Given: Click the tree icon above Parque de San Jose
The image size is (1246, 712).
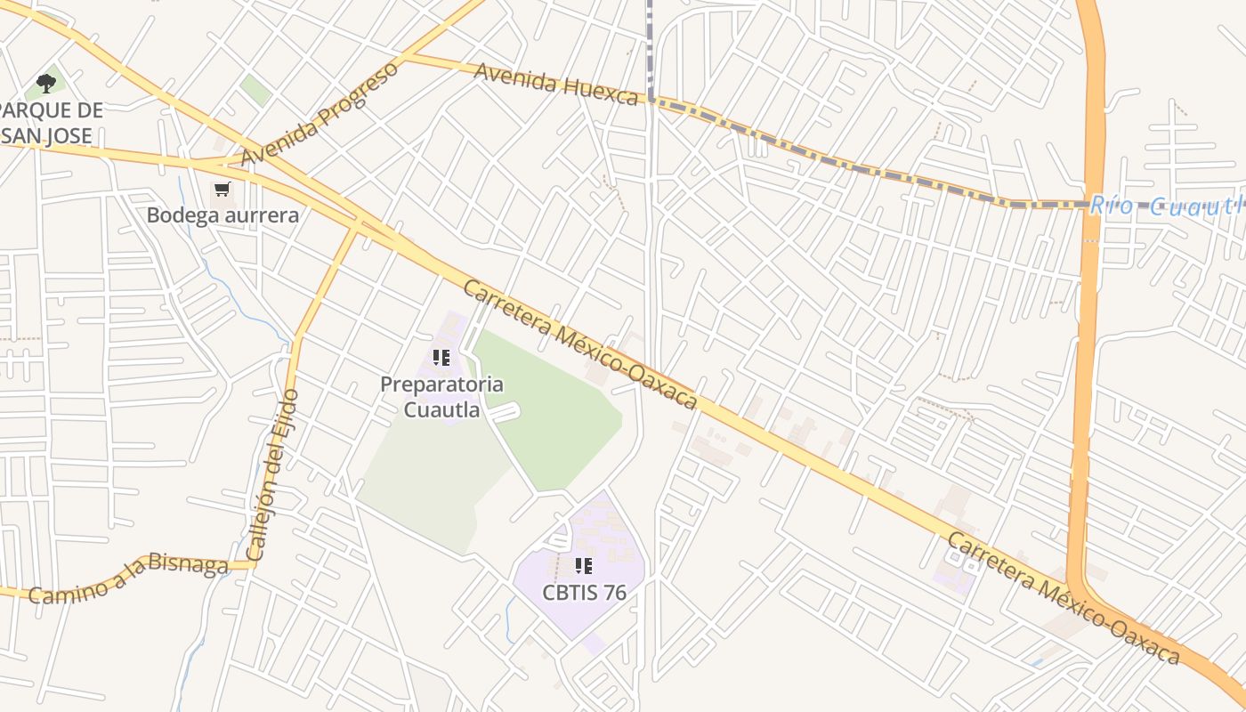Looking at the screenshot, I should [x=46, y=84].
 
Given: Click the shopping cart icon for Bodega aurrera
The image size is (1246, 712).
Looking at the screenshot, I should [x=222, y=190].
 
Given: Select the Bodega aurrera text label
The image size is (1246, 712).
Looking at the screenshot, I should [x=222, y=215].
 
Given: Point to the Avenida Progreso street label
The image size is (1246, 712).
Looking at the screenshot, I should [x=320, y=114].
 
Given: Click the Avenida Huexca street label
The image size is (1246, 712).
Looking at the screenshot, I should [x=556, y=84].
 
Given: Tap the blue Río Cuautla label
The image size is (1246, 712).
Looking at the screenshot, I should [x=1166, y=207].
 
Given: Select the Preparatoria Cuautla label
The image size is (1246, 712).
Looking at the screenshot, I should [x=441, y=397].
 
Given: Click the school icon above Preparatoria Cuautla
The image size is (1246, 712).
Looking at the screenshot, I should [x=441, y=358].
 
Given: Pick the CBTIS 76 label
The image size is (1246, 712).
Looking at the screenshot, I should [x=585, y=592].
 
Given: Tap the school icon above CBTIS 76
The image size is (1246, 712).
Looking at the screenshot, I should [x=584, y=565].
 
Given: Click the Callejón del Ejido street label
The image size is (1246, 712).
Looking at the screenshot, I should [x=273, y=475].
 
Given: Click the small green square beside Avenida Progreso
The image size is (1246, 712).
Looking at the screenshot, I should [x=255, y=90].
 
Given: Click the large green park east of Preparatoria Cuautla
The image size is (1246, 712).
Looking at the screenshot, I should [x=552, y=409].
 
